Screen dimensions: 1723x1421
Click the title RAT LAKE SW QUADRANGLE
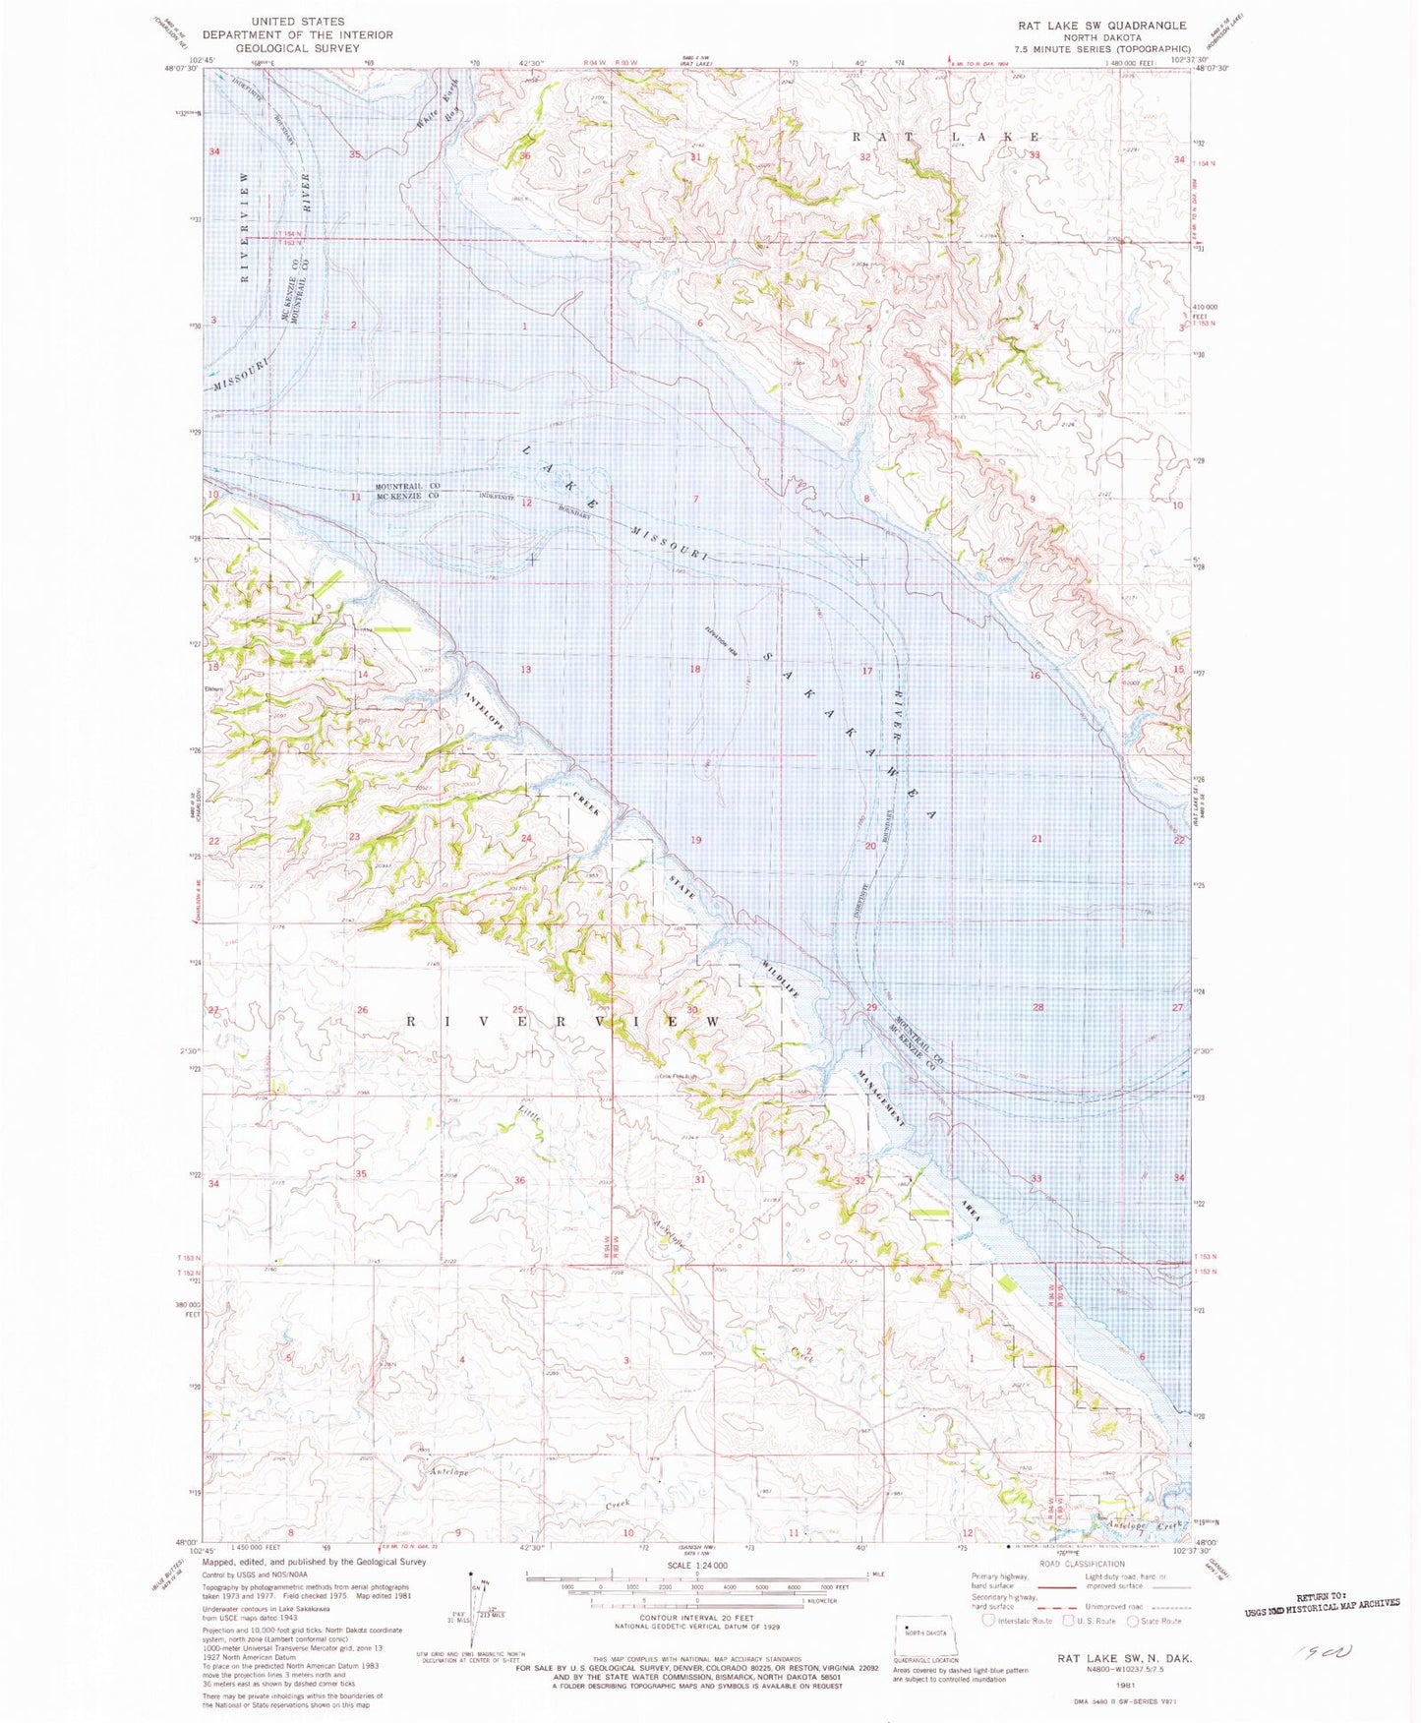pos(1101,25)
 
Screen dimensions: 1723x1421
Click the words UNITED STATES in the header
pos(297,21)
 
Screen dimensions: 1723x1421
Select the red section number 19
pos(695,840)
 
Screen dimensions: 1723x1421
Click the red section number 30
pos(692,1010)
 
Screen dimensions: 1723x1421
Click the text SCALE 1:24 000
pos(697,1565)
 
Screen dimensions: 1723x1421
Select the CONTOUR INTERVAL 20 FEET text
pos(696,1617)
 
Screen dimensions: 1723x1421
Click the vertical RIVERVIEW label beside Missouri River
pos(246,226)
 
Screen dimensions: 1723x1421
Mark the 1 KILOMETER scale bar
pos(696,1600)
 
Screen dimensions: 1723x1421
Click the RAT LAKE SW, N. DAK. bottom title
pos(1125,1658)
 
